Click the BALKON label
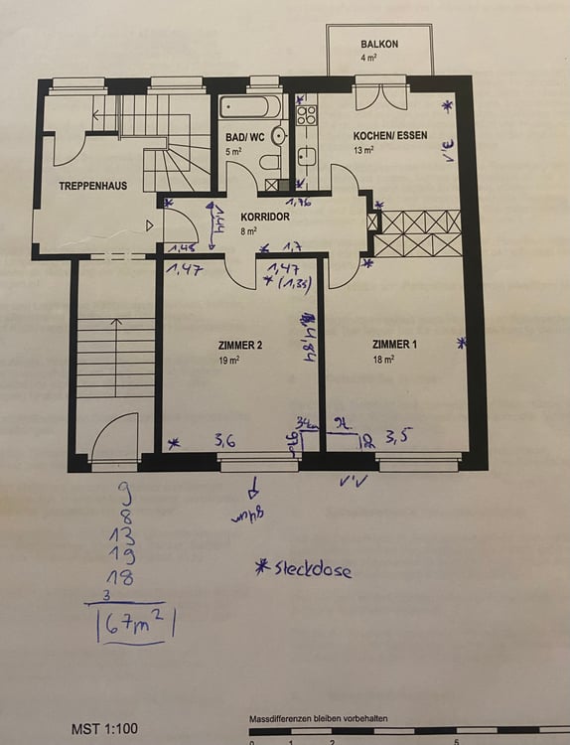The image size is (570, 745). coord(379,45)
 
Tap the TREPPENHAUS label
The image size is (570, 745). coord(92,186)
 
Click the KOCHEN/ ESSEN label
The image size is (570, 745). coord(391,135)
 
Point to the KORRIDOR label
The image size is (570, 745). coord(265,216)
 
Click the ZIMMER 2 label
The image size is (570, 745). coord(240,346)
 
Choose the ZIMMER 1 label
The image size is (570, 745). coord(394,346)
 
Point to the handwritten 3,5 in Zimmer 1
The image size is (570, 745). coord(396,435)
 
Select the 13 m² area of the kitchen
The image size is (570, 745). coord(362,150)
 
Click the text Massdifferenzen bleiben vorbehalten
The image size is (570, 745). coord(318,717)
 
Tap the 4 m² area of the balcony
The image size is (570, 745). coord(369,59)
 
